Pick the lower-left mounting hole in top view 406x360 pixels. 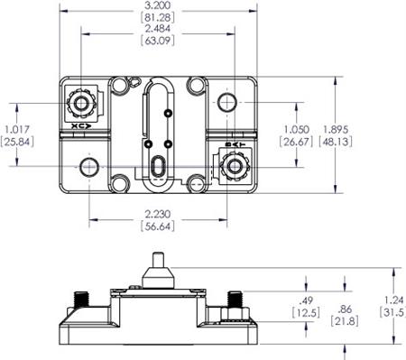tap(88, 167)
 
